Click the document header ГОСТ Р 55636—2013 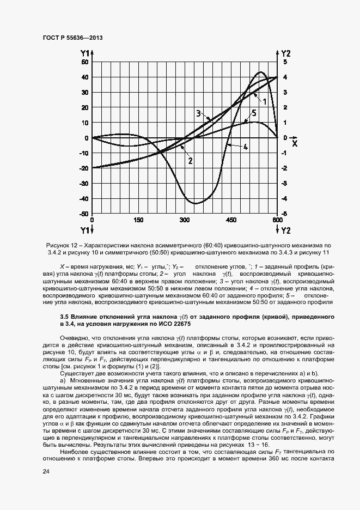click(72, 38)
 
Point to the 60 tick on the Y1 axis click(85, 62)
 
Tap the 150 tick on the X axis click(138, 220)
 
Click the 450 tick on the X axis click(230, 220)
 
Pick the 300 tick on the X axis click(184, 220)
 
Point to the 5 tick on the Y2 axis click(285, 62)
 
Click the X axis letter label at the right click(294, 144)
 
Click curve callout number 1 click(264, 101)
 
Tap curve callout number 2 click(190, 161)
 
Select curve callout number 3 click(199, 114)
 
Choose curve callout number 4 click(246, 147)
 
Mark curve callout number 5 click(254, 114)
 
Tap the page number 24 click(46, 471)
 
